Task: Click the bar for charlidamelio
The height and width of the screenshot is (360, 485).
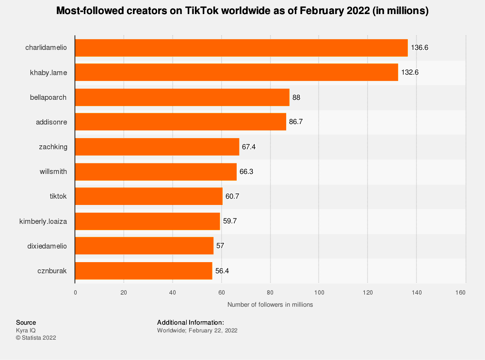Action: click(x=241, y=47)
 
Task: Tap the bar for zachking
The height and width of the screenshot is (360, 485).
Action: click(x=157, y=147)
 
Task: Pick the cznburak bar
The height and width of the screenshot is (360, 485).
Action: click(x=144, y=271)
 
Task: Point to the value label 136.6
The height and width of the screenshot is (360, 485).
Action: click(x=420, y=47)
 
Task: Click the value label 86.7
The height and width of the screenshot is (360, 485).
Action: click(x=296, y=122)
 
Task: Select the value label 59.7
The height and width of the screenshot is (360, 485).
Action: click(x=229, y=221)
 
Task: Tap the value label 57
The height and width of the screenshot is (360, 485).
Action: click(x=220, y=246)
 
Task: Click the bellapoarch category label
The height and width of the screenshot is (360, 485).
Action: click(x=48, y=97)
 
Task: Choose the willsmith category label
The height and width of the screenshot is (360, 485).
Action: click(x=53, y=172)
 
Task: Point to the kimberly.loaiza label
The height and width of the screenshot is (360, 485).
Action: click(x=43, y=221)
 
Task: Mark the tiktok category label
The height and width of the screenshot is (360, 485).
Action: click(x=58, y=196)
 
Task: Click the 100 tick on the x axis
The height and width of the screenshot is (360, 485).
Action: click(x=319, y=293)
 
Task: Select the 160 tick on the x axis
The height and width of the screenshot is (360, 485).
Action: click(x=461, y=293)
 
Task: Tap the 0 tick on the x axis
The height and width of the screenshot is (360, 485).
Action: click(x=75, y=293)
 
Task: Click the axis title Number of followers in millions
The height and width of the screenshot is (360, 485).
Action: click(x=270, y=305)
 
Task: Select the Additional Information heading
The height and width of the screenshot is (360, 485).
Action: click(x=191, y=322)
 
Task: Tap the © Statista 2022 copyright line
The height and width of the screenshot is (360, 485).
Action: click(x=36, y=338)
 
